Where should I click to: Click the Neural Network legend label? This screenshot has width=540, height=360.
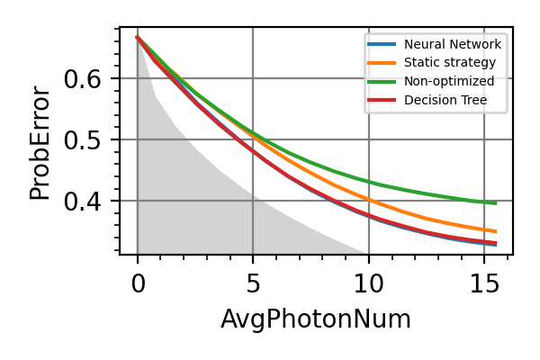click(453, 44)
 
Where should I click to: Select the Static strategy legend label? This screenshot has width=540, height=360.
click(450, 62)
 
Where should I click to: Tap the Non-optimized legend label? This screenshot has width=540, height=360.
click(449, 81)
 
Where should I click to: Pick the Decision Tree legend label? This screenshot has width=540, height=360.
click(445, 100)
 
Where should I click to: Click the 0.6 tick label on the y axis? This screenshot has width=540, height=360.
click(83, 79)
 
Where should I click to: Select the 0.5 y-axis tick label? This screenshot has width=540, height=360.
click(83, 140)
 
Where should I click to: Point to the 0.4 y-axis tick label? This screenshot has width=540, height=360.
click(83, 202)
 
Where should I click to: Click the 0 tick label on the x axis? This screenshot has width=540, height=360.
click(138, 284)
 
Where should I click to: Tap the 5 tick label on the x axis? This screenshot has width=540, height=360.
click(253, 284)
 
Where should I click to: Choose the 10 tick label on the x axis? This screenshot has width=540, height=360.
click(369, 284)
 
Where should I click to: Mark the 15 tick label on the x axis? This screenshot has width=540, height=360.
click(484, 284)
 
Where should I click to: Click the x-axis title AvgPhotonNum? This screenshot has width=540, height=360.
click(316, 319)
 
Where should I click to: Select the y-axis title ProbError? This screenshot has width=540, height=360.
click(40, 142)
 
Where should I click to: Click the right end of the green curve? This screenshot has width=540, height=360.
click(496, 203)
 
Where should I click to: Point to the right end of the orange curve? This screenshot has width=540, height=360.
click(496, 231)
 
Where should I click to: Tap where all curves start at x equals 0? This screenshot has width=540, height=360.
click(138, 37)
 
